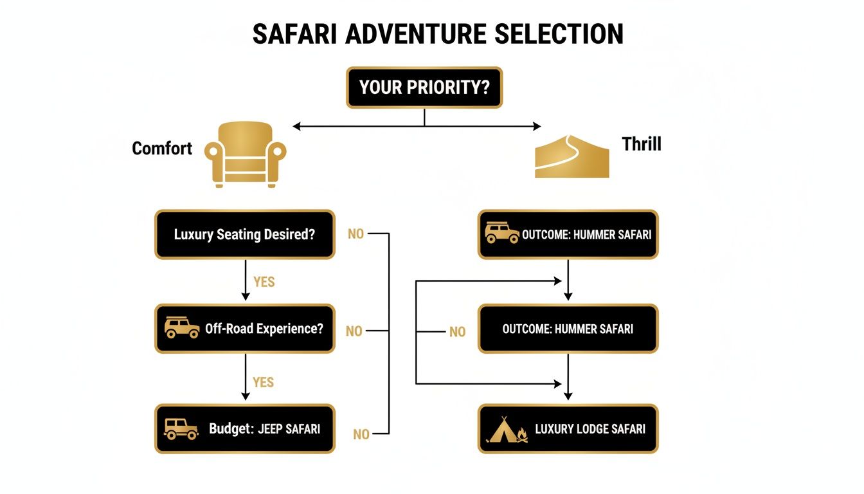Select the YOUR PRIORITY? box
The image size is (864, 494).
(424, 87)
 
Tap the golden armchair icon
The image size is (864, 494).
(245, 154)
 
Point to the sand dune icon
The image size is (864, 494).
(572, 156)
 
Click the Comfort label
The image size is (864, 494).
(162, 149)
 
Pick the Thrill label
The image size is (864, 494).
(641, 143)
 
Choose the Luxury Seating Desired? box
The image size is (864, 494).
(244, 234)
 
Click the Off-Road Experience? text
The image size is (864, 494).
(264, 329)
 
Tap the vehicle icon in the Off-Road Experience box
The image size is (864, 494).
(181, 328)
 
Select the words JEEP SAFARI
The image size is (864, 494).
(289, 429)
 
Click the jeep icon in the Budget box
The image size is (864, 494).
(181, 428)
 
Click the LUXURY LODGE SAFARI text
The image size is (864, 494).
(589, 429)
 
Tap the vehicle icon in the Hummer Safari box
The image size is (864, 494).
(501, 233)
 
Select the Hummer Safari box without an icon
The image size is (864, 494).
(568, 329)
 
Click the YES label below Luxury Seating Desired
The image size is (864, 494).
(264, 282)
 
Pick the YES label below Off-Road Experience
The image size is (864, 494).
(264, 382)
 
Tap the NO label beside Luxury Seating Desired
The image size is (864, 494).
(355, 234)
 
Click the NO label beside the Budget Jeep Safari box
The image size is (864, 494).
(361, 435)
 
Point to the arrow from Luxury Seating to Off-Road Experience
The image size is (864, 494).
(245, 280)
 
